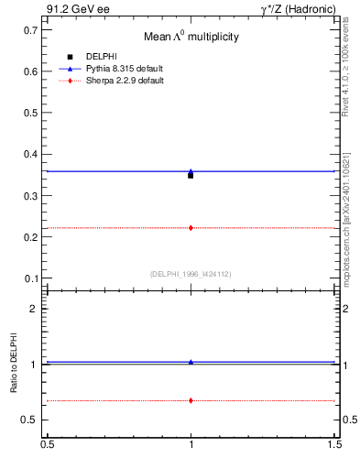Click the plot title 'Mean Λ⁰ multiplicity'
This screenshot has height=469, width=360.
191,38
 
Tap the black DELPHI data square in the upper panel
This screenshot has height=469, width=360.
191,175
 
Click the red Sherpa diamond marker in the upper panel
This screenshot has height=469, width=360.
191,227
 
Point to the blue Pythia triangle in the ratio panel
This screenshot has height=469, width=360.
191,362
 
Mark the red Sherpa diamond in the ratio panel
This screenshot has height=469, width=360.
191,400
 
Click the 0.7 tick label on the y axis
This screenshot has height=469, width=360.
30,30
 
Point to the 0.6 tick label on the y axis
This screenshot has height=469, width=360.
30,71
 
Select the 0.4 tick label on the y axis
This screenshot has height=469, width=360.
30,154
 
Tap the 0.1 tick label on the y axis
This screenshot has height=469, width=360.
30,278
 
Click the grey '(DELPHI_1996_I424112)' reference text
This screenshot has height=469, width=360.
191,273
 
